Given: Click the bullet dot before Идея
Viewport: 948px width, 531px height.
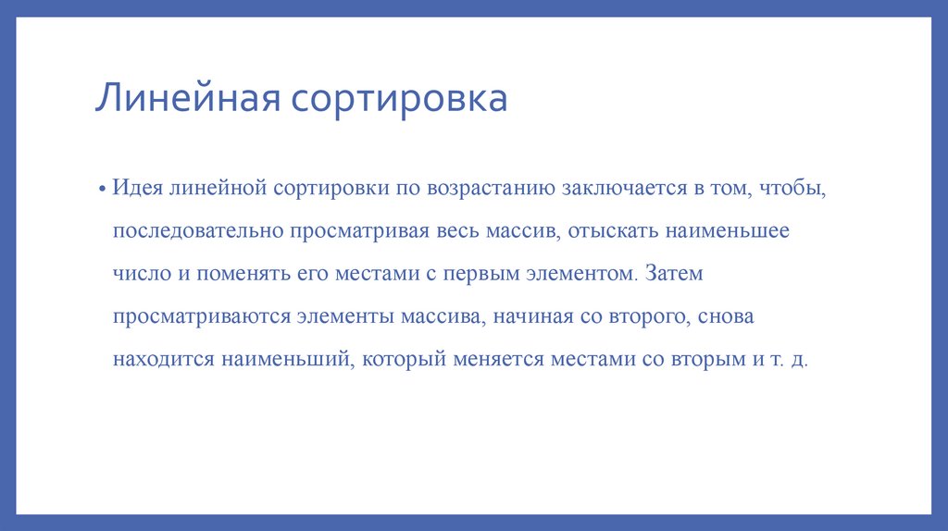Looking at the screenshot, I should pyautogui.click(x=105, y=189).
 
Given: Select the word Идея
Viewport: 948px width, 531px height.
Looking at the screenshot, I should pyautogui.click(x=137, y=188).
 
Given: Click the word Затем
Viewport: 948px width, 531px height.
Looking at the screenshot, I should pyautogui.click(x=675, y=274).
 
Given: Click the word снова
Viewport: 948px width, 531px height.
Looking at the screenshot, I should pyautogui.click(x=726, y=316).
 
